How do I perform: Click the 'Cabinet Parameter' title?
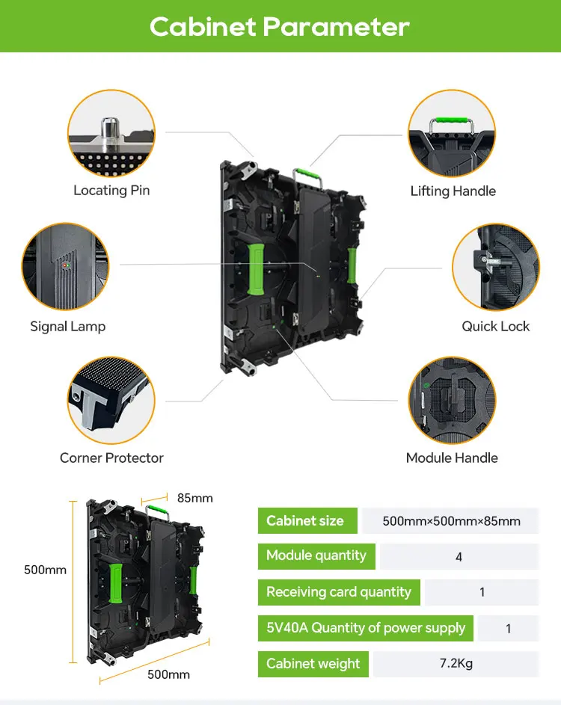pyautogui.click(x=280, y=27)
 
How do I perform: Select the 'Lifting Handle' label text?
pyautogui.click(x=453, y=191)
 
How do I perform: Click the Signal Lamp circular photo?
pyautogui.click(x=66, y=266)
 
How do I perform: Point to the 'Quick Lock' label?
pyautogui.click(x=495, y=326)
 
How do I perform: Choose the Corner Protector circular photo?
pyautogui.click(x=111, y=400)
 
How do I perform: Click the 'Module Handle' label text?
pyautogui.click(x=452, y=458)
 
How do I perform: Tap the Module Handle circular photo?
pyautogui.click(x=452, y=400)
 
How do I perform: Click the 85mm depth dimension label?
pyautogui.click(x=194, y=498)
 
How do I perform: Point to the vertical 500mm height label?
pyautogui.click(x=45, y=570)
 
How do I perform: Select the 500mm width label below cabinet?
pyautogui.click(x=168, y=674)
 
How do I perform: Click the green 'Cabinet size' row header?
pyautogui.click(x=305, y=521)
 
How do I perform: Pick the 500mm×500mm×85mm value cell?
pyautogui.click(x=451, y=521)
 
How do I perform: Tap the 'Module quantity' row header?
pyautogui.click(x=316, y=556)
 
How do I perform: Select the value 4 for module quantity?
pyautogui.click(x=459, y=557)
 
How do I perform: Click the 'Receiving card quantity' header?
pyautogui.click(x=339, y=592)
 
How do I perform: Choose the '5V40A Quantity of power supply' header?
pyautogui.click(x=366, y=628)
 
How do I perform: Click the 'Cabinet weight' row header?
pyautogui.click(x=313, y=664)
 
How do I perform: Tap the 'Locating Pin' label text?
pyautogui.click(x=111, y=191)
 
